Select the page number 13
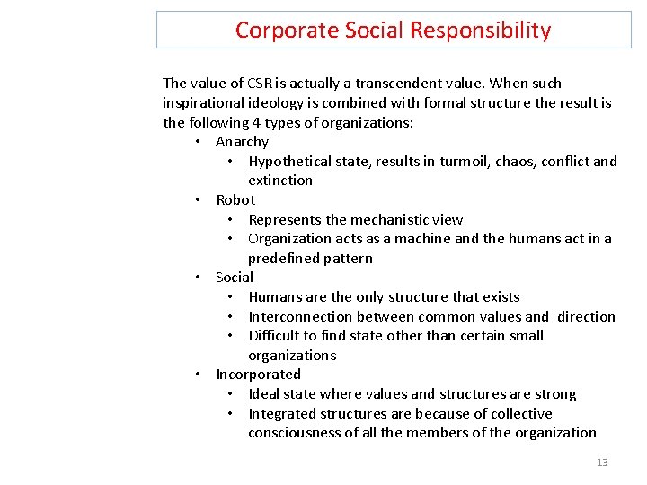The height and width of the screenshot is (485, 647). point(602,463)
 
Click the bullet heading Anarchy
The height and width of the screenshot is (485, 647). point(242,142)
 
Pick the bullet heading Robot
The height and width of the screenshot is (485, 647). point(235,200)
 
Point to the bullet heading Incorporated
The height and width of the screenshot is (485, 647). point(258,375)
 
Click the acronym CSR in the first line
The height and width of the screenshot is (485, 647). point(261,84)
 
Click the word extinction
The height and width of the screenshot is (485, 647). point(280,181)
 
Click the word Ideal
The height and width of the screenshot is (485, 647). point(264,394)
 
